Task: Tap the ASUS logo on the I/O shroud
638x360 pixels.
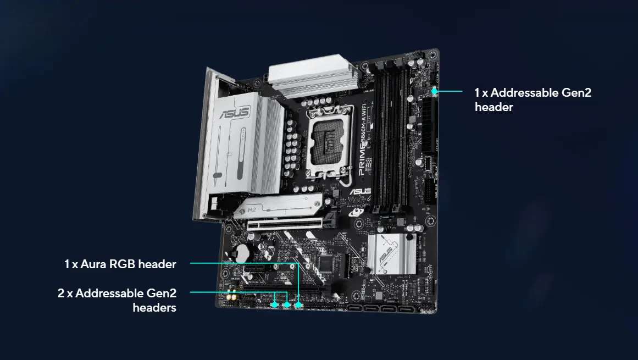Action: coord(235,114)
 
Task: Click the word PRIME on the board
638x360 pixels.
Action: coord(362,162)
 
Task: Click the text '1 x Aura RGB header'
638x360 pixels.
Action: coord(120,264)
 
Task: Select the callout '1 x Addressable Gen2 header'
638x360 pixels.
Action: coord(532,99)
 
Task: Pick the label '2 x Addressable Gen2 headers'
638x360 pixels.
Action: coord(117,300)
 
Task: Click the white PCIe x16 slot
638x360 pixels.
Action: coord(285,223)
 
